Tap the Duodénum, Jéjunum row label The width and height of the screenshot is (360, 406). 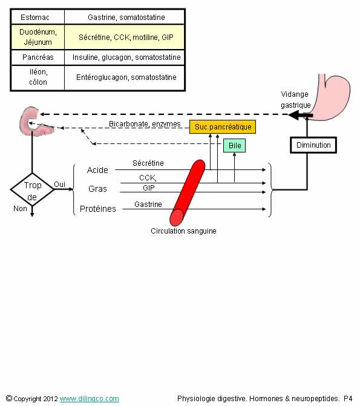(38, 37)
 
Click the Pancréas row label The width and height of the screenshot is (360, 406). (38, 57)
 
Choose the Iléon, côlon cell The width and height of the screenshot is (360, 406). (38, 77)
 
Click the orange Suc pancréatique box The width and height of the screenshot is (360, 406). (223, 127)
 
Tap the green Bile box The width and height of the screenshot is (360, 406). (234, 145)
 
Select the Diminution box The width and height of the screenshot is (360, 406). (313, 145)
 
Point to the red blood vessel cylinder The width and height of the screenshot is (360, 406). (188, 192)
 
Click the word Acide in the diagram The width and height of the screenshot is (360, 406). (97, 170)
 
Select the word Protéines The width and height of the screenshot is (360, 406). (97, 209)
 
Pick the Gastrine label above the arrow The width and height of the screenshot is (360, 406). (148, 205)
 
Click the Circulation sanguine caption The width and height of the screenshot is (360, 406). (183, 231)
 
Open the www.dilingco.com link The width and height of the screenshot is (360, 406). (90, 399)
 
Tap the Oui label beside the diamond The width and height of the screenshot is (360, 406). (59, 185)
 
